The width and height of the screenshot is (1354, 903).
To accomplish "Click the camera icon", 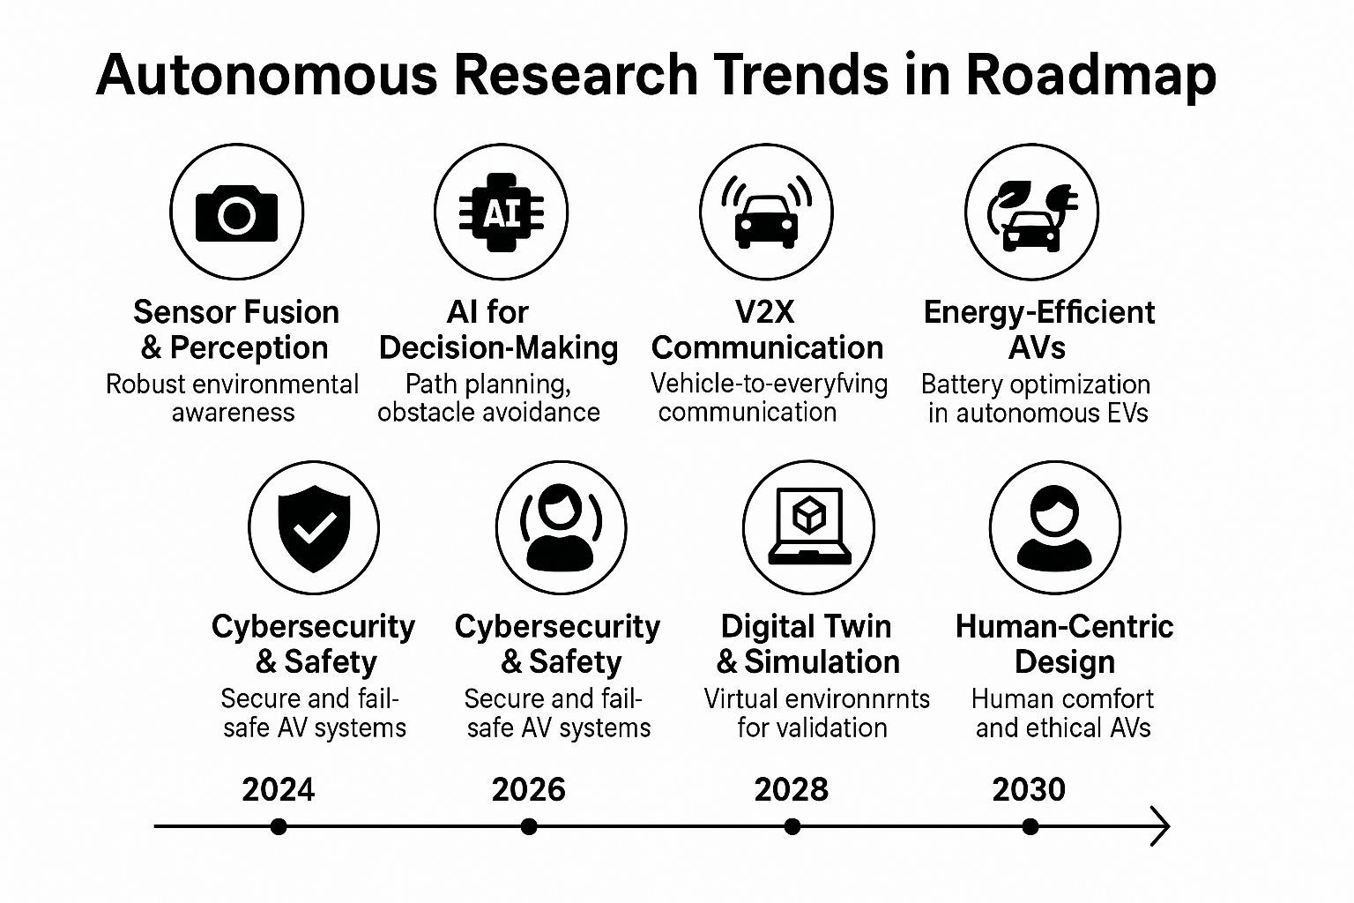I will click(236, 213).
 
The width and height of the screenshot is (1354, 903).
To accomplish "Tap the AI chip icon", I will click(501, 213).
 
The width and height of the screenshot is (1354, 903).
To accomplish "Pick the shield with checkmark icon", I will click(314, 527).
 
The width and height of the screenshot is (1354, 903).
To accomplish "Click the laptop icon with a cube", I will click(809, 526).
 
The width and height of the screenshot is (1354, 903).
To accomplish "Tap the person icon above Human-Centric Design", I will click(1054, 527).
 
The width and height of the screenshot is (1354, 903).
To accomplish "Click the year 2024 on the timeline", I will click(278, 789).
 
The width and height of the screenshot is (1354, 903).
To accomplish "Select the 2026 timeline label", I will click(528, 789).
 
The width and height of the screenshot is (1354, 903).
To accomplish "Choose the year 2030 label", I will click(1029, 789).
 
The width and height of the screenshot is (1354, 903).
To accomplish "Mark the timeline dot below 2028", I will click(792, 826).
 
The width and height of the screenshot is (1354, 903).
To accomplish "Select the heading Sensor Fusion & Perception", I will click(235, 330).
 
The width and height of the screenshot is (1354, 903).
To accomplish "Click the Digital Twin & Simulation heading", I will click(807, 644).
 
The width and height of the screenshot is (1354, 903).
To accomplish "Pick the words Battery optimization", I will click(1036, 384).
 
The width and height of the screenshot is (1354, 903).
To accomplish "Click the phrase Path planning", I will click(488, 384).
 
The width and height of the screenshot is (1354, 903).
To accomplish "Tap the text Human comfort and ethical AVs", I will click(1063, 713).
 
